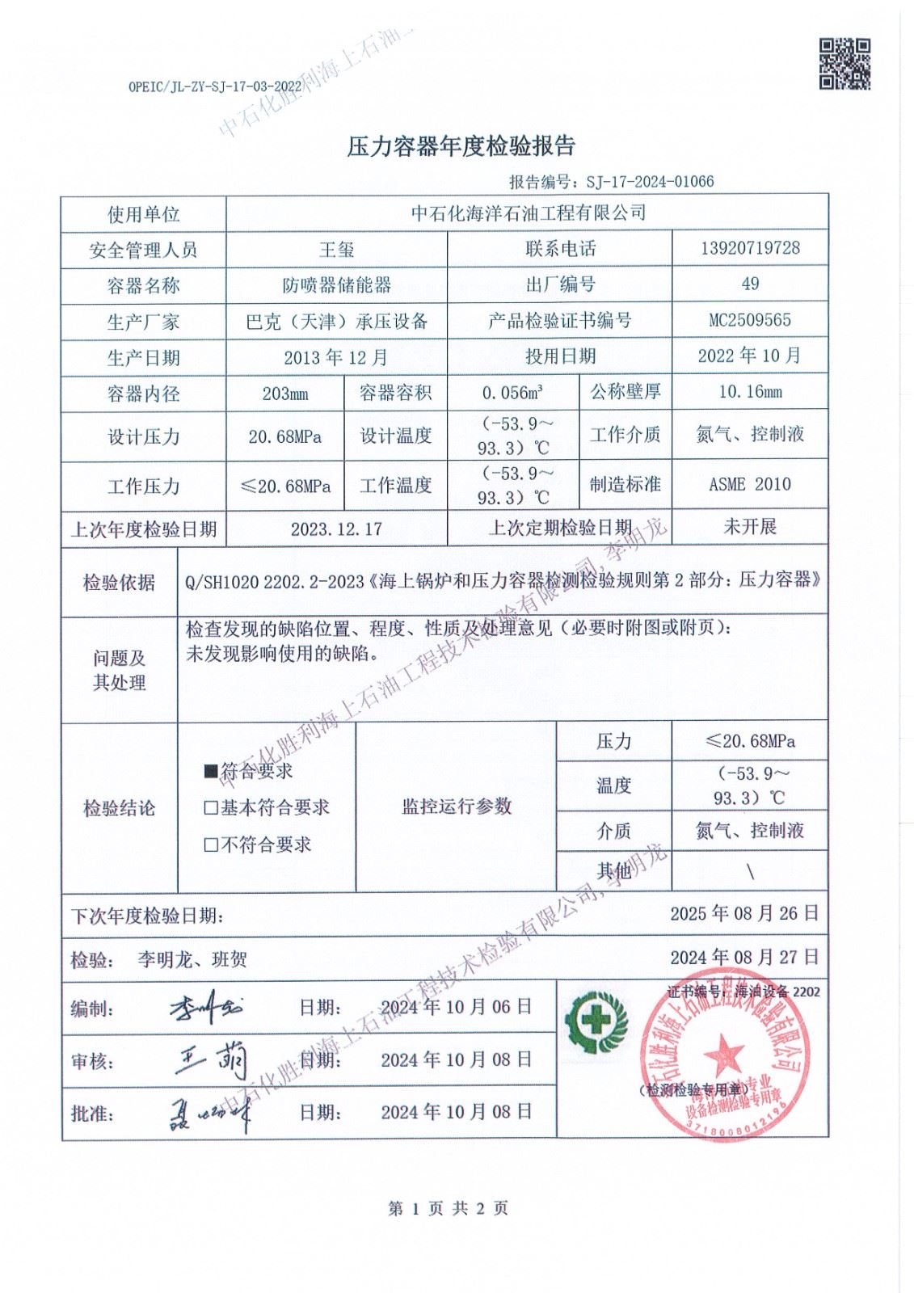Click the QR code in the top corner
pyautogui.click(x=845, y=64)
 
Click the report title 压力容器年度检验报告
pyautogui.click(x=461, y=146)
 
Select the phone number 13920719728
pyautogui.click(x=750, y=248)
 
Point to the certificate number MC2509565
pyautogui.click(x=750, y=320)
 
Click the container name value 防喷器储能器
pyautogui.click(x=337, y=285)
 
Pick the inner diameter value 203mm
pyautogui.click(x=285, y=394)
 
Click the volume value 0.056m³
pyautogui.click(x=512, y=394)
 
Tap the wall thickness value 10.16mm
pyautogui.click(x=750, y=393)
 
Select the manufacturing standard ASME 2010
pyautogui.click(x=750, y=485)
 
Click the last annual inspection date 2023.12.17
pyautogui.click(x=336, y=529)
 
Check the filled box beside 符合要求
pyautogui.click(x=212, y=772)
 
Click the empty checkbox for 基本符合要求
pyautogui.click(x=212, y=807)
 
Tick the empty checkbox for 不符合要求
pyautogui.click(x=212, y=845)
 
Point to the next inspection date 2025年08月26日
pyautogui.click(x=744, y=914)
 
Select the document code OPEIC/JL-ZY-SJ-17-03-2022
pyautogui.click(x=215, y=87)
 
